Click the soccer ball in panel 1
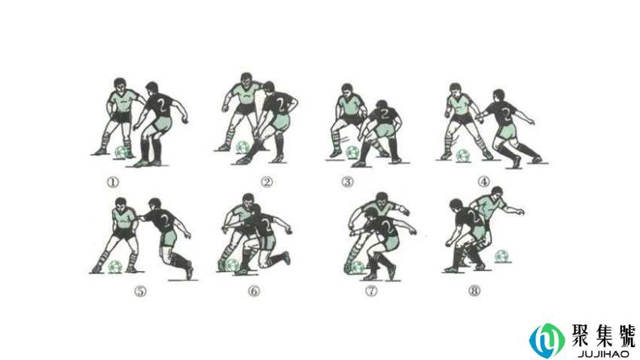(x=122, y=152)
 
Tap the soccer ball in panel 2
(x=243, y=148)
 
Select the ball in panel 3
(x=352, y=153)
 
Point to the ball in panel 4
(x=463, y=155)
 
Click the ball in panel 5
(x=115, y=267)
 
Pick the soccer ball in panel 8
(x=501, y=256)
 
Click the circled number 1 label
(x=113, y=182)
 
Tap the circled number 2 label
(x=267, y=182)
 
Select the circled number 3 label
(x=347, y=182)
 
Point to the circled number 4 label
(x=483, y=182)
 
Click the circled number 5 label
(x=140, y=291)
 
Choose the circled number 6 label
(x=254, y=291)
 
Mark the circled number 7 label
(x=371, y=291)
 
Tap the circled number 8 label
(x=474, y=291)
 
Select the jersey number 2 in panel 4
(x=506, y=114)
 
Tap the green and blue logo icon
(x=547, y=340)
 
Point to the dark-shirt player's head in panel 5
(x=154, y=205)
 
